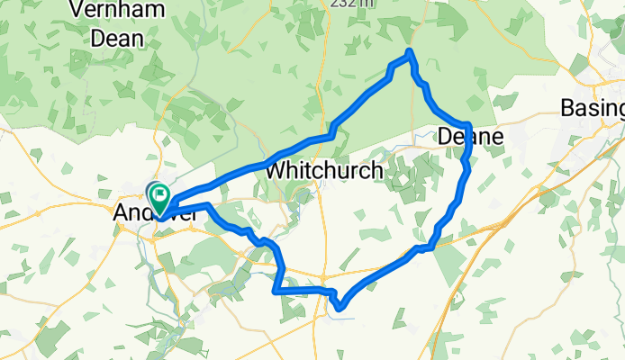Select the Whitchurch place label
(x=324, y=169)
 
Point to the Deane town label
(x=468, y=137)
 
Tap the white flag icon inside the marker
(x=160, y=193)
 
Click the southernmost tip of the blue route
(x=340, y=309)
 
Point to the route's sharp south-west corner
(x=276, y=290)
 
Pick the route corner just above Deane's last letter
(x=469, y=124)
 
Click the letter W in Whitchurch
(x=275, y=169)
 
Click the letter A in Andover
(x=121, y=214)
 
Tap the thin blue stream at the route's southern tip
(x=349, y=316)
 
